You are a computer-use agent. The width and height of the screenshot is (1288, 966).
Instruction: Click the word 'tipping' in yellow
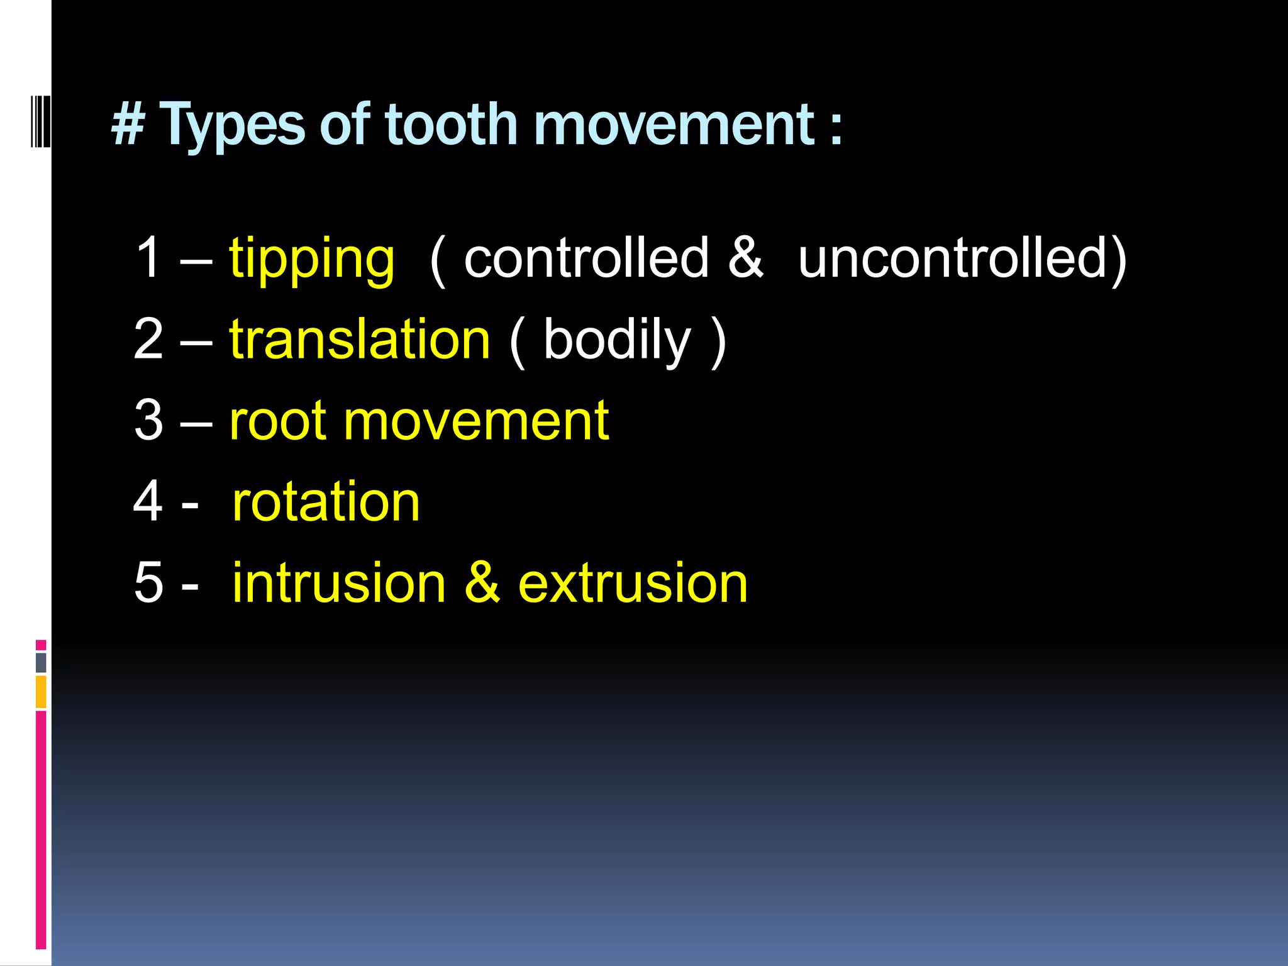pos(312,259)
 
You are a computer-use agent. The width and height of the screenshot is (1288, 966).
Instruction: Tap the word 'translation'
pos(359,340)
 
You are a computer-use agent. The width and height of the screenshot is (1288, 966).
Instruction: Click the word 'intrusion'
pos(339,583)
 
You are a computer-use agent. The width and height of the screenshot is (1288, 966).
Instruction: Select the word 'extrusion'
pos(633,583)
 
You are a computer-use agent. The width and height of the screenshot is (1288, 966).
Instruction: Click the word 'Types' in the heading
pos(233,126)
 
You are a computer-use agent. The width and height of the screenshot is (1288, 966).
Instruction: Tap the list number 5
pos(148,583)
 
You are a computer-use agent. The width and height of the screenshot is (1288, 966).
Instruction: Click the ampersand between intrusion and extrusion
pos(482,583)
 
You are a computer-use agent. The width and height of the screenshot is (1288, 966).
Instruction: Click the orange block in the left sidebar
pos(41,692)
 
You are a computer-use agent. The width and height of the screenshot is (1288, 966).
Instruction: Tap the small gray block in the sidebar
pos(41,662)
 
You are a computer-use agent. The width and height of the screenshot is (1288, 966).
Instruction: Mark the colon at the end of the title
pos(835,129)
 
